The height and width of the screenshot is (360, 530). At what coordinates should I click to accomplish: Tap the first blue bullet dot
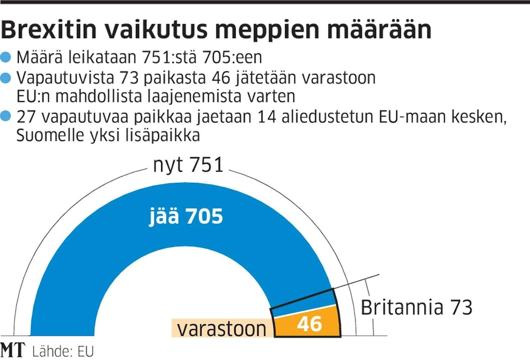click(x=6, y=57)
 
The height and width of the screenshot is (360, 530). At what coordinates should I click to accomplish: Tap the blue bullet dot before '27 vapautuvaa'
click(x=6, y=117)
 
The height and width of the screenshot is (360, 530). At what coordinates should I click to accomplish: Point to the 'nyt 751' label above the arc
click(x=188, y=165)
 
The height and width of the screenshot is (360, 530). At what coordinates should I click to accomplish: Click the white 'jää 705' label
click(x=186, y=217)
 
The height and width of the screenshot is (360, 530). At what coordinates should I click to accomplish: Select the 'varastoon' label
click(x=222, y=329)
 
